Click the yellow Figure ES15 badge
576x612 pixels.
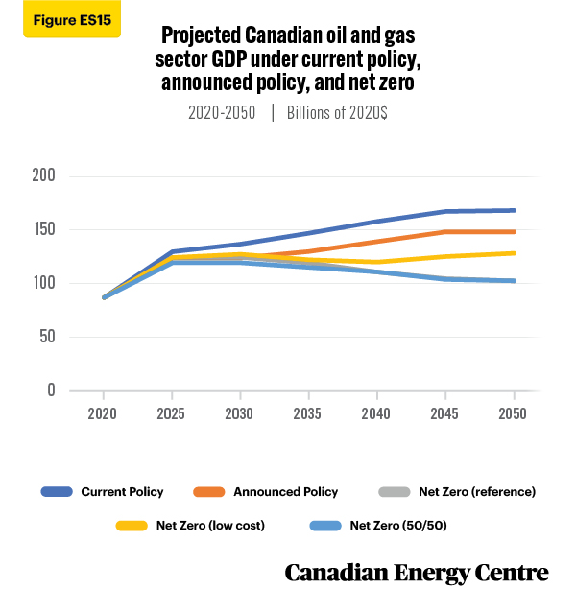72,19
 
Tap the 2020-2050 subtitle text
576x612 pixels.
222,113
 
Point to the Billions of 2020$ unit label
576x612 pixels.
337,113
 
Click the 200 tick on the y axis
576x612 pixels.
44,176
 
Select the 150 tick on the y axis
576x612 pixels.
44,229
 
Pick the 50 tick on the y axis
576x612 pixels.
47,337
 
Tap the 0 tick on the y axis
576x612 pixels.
51,389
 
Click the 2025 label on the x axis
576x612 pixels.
171,413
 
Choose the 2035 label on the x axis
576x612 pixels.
307,413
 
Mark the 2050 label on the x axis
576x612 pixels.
513,413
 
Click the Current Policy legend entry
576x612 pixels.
103,492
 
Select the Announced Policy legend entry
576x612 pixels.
266,492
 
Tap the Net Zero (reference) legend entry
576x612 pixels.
457,492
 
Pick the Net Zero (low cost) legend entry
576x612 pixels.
190,526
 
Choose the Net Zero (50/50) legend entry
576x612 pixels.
378,526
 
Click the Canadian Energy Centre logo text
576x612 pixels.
417,573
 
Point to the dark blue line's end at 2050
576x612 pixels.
515,210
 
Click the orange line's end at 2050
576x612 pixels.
515,232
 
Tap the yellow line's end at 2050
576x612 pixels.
515,253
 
